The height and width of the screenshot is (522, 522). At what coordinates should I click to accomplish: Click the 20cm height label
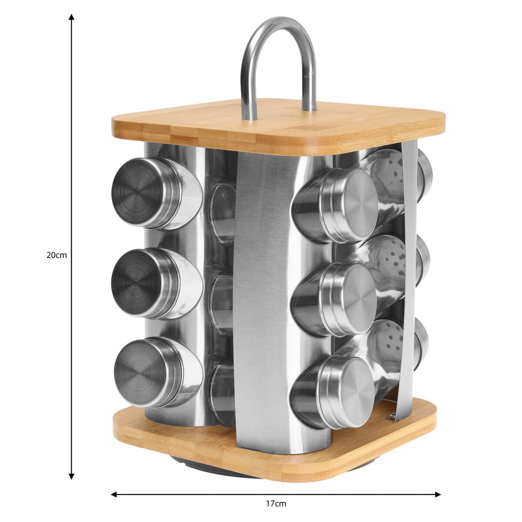[57, 255]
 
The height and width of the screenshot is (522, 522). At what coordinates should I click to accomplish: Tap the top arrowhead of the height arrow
[71, 17]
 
